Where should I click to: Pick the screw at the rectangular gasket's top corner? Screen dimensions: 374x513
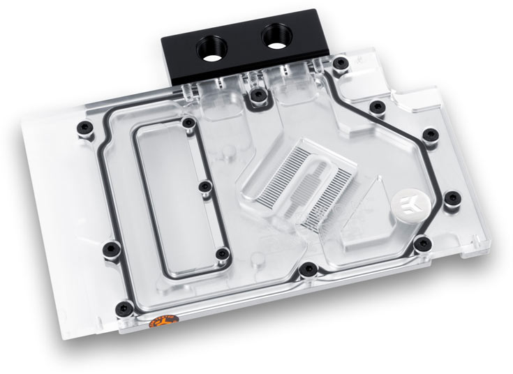(x=187, y=124)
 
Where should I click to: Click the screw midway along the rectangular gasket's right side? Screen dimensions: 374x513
(x=204, y=186)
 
